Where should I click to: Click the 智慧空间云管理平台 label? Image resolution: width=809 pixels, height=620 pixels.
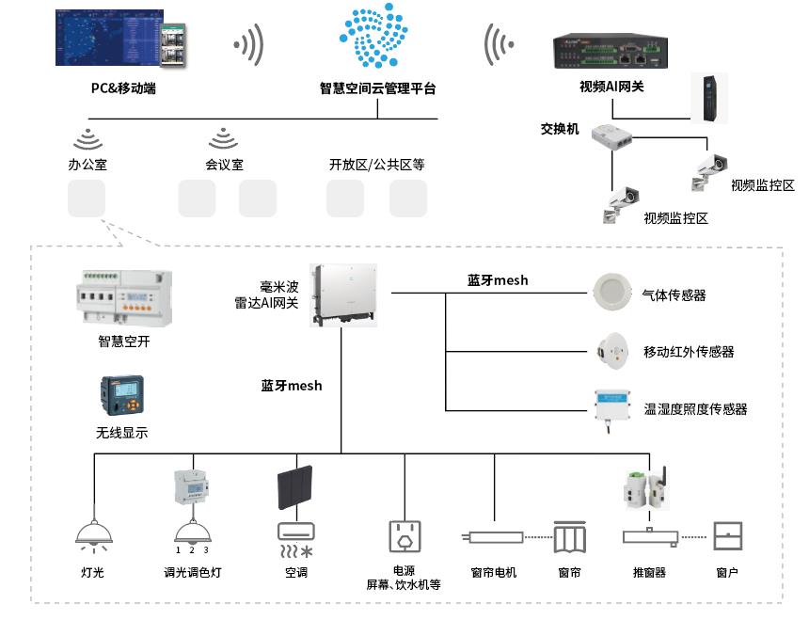click(377, 89)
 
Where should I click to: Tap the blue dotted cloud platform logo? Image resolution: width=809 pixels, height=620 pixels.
click(378, 40)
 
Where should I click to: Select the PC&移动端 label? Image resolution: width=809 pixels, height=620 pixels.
click(122, 89)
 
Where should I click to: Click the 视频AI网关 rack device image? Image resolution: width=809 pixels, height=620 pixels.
click(611, 53)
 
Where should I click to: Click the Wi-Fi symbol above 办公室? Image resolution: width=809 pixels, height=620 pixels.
click(87, 138)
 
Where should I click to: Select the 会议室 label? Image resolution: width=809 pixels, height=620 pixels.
click(224, 165)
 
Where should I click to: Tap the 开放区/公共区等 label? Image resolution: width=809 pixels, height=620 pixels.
click(376, 165)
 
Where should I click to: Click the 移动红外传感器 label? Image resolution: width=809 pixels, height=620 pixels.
click(689, 353)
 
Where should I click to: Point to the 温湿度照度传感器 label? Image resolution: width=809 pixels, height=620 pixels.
click(695, 410)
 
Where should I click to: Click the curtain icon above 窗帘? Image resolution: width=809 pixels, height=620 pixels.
click(569, 539)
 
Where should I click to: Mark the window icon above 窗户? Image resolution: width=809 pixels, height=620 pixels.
click(729, 536)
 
